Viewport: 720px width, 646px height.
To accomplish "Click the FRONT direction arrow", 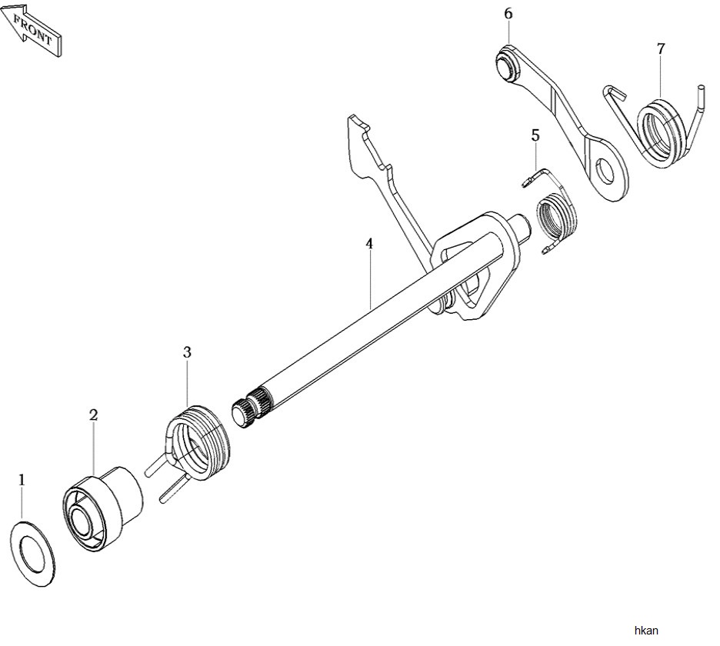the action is click(31, 29).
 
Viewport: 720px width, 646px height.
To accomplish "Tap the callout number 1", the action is click(22, 480).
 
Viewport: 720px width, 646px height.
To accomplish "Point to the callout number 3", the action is click(187, 353).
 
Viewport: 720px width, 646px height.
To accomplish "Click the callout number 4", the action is click(369, 244).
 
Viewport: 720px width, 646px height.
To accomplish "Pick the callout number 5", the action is click(535, 135).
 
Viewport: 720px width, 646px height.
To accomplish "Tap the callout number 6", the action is click(508, 14).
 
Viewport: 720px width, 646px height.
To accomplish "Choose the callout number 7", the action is click(661, 48).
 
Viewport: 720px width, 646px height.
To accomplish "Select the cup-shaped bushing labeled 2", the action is click(102, 508).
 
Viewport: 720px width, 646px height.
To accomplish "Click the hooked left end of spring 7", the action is click(614, 92).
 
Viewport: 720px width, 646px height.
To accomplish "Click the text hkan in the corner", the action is click(646, 631).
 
